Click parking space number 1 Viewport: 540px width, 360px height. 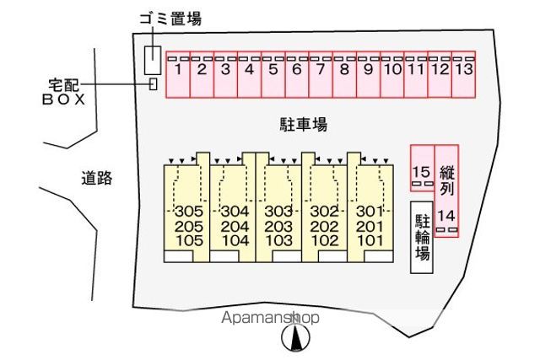pyautogui.click(x=178, y=75)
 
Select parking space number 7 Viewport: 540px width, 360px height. pyautogui.click(x=321, y=75)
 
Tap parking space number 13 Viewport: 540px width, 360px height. pyautogui.click(x=463, y=75)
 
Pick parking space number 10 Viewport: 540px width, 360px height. pyautogui.click(x=392, y=75)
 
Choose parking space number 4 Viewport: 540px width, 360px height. pyautogui.click(x=250, y=75)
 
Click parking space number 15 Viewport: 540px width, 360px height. pyautogui.click(x=422, y=168)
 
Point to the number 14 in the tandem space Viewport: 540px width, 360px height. pyautogui.click(x=446, y=216)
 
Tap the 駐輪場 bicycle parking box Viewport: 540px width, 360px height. pyautogui.click(x=422, y=238)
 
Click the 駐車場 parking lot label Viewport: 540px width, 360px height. pyautogui.click(x=304, y=124)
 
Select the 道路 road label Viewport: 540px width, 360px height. pyautogui.click(x=97, y=178)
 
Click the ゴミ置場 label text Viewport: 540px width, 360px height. pyautogui.click(x=170, y=19)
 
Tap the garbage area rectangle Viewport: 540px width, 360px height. pyautogui.click(x=153, y=60)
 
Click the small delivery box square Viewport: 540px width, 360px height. pyautogui.click(x=154, y=84)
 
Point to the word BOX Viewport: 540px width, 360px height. pyautogui.click(x=64, y=99)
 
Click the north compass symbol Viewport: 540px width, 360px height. pyautogui.click(x=295, y=337)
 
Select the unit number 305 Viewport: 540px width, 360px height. pyautogui.click(x=189, y=211)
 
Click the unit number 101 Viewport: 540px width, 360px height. pyautogui.click(x=370, y=240)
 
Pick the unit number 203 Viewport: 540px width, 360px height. pyautogui.click(x=278, y=227)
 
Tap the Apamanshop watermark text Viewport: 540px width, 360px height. pyautogui.click(x=270, y=318)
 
